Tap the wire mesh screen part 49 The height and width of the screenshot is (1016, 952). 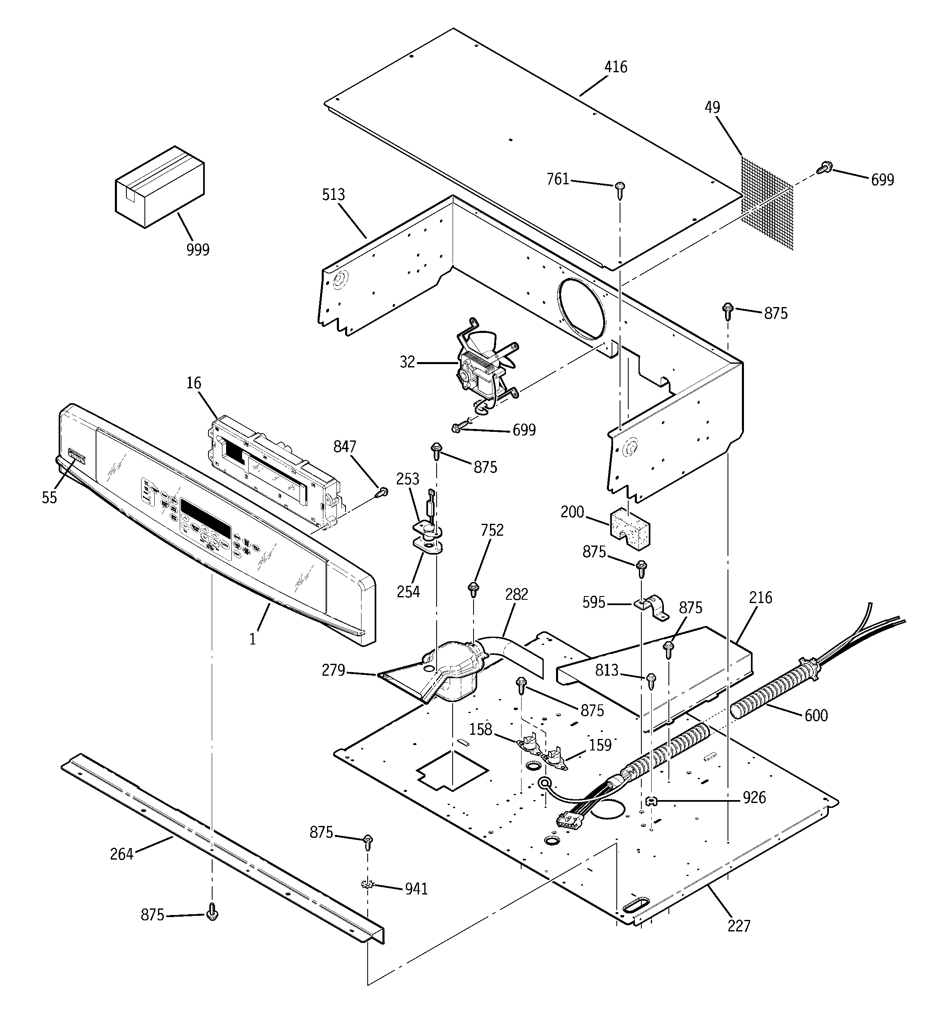(767, 202)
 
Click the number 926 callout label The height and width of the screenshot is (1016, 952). (754, 797)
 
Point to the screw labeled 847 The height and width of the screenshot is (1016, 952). (382, 492)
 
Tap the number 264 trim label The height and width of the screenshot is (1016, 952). (121, 854)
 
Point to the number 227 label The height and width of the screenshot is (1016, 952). (739, 926)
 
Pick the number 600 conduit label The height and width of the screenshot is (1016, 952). (816, 715)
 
